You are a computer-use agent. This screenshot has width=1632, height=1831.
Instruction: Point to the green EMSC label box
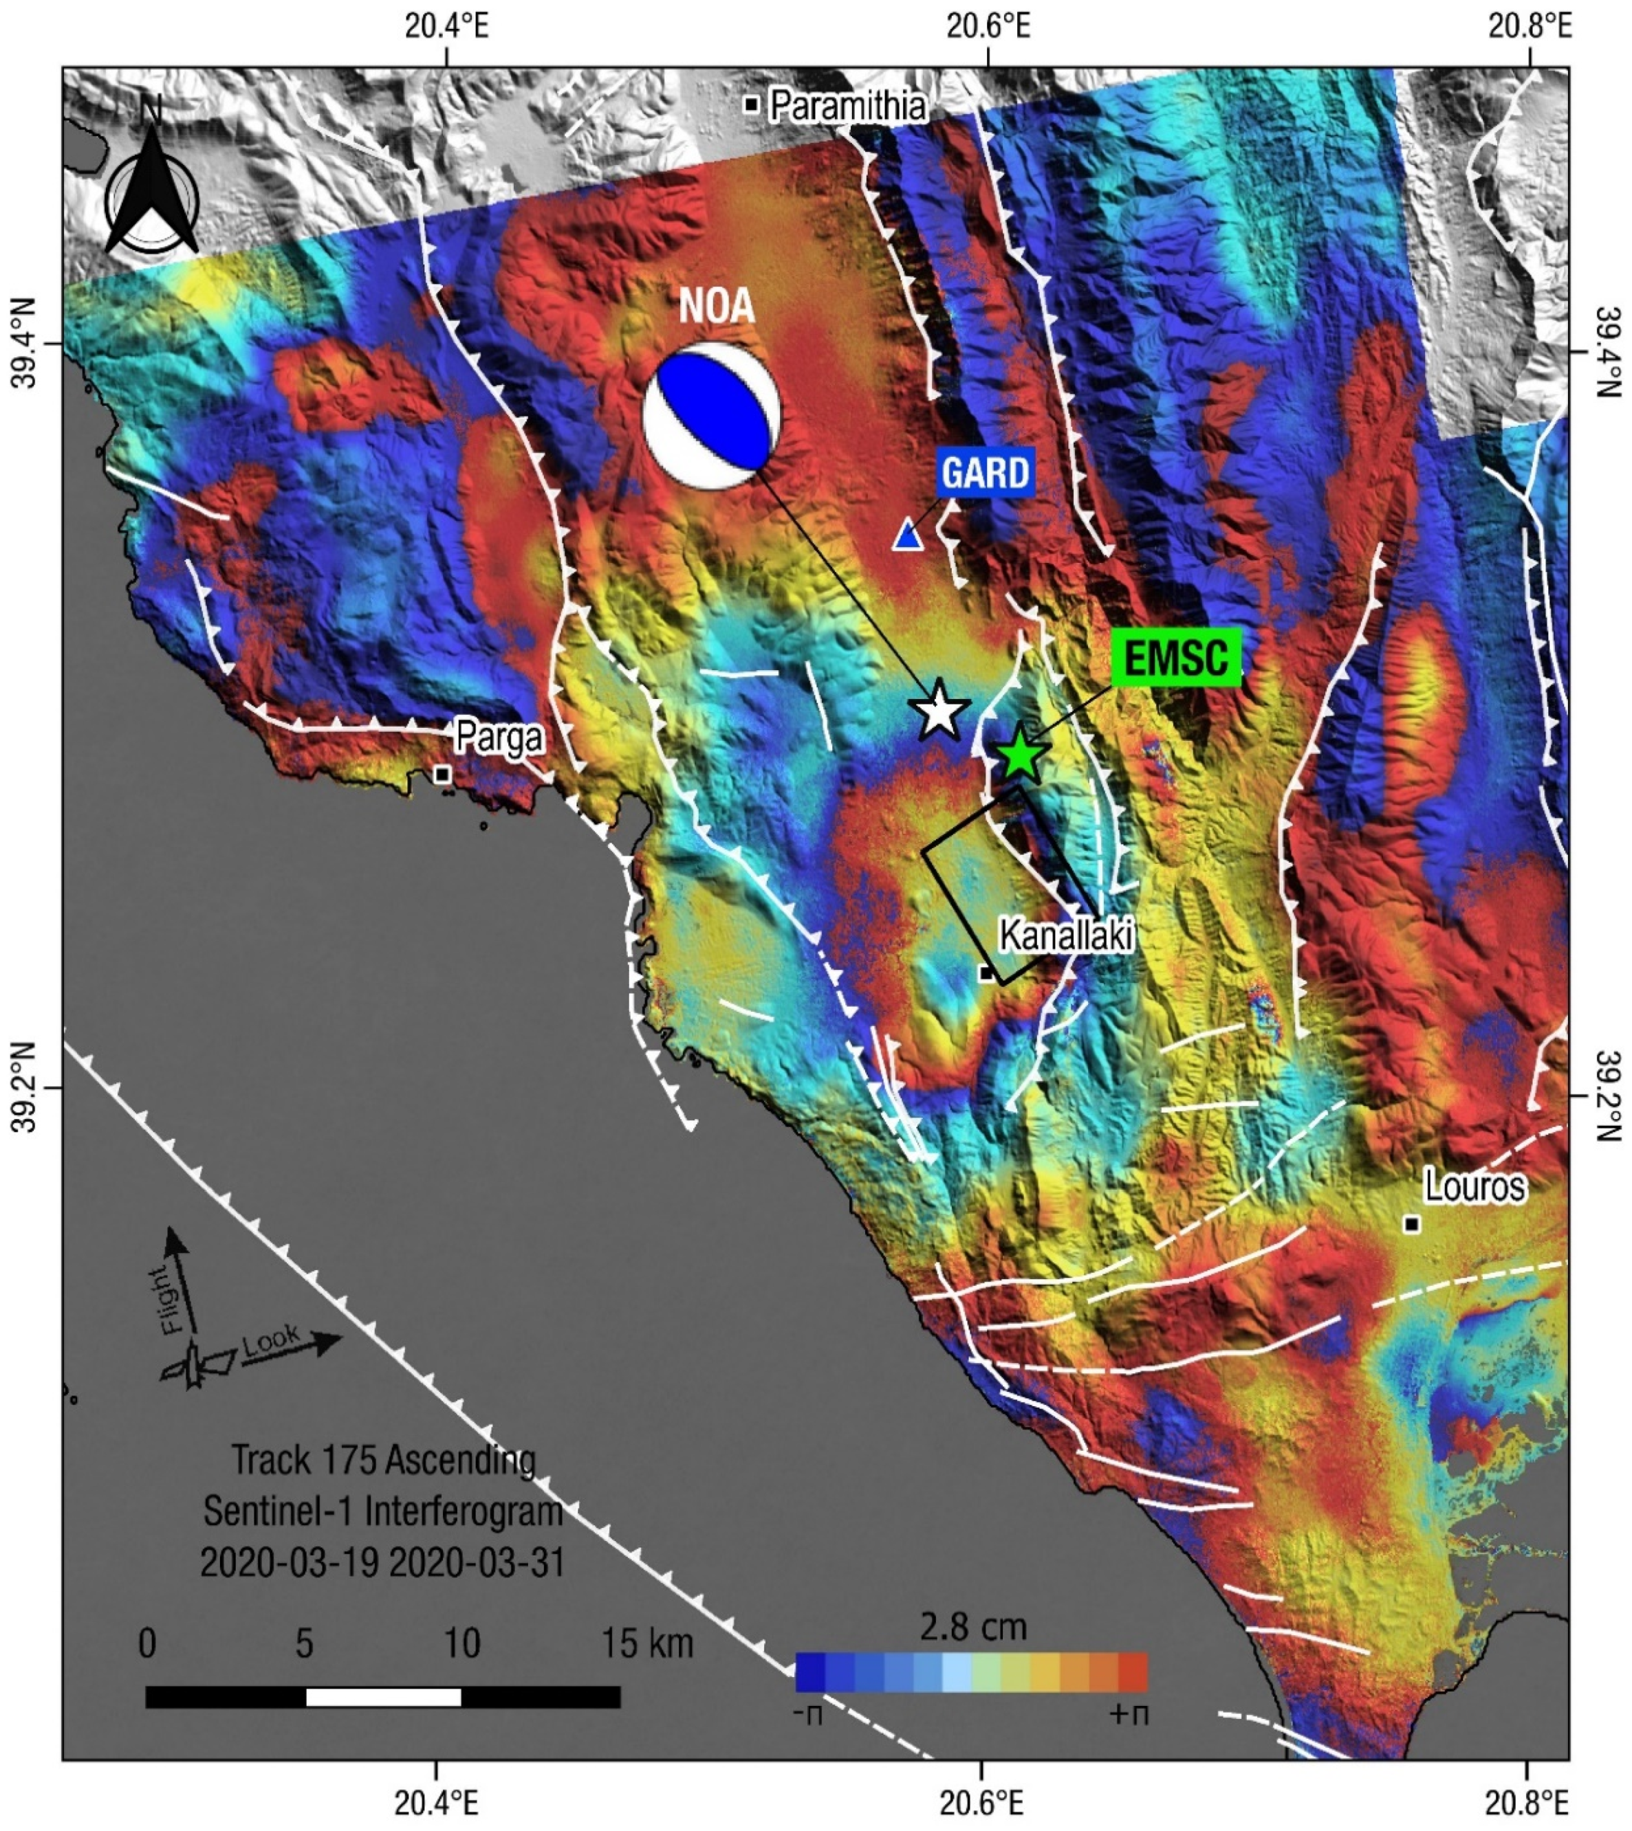(1175, 658)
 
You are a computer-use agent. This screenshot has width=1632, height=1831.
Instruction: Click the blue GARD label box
(986, 471)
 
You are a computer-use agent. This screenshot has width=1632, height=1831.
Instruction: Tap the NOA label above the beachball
(717, 307)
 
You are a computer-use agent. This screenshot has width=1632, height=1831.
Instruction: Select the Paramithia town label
(847, 107)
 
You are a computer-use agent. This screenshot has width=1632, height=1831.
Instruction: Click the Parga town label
(499, 737)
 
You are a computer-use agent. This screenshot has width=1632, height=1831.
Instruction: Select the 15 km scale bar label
(646, 1643)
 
